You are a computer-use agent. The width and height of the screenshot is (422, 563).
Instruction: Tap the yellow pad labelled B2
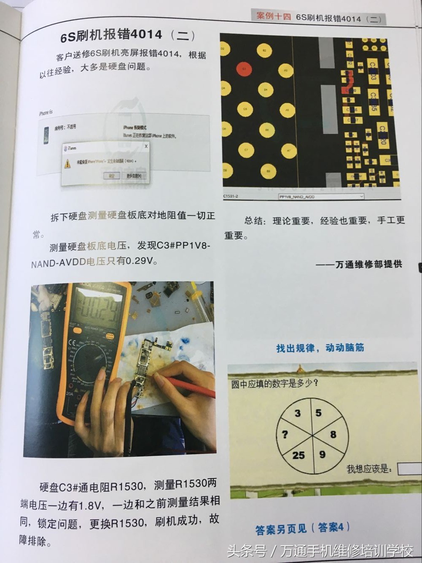point(264,51)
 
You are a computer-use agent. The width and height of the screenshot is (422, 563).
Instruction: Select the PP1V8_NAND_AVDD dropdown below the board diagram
point(321,197)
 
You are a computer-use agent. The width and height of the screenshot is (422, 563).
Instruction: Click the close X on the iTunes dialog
point(146,146)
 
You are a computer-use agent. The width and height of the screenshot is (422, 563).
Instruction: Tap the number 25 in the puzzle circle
point(298,455)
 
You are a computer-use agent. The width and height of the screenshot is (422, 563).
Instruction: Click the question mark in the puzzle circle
point(285,434)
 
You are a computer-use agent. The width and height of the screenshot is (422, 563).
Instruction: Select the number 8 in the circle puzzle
point(333,434)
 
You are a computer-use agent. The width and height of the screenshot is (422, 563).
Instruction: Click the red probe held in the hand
point(192,387)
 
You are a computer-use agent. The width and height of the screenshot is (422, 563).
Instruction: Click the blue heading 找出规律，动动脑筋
point(320,348)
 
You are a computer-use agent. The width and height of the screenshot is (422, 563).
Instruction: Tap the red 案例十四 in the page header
point(274,16)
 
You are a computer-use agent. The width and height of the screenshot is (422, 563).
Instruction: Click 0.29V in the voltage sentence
point(141,261)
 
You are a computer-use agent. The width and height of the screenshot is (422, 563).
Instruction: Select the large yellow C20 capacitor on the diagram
point(382,134)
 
